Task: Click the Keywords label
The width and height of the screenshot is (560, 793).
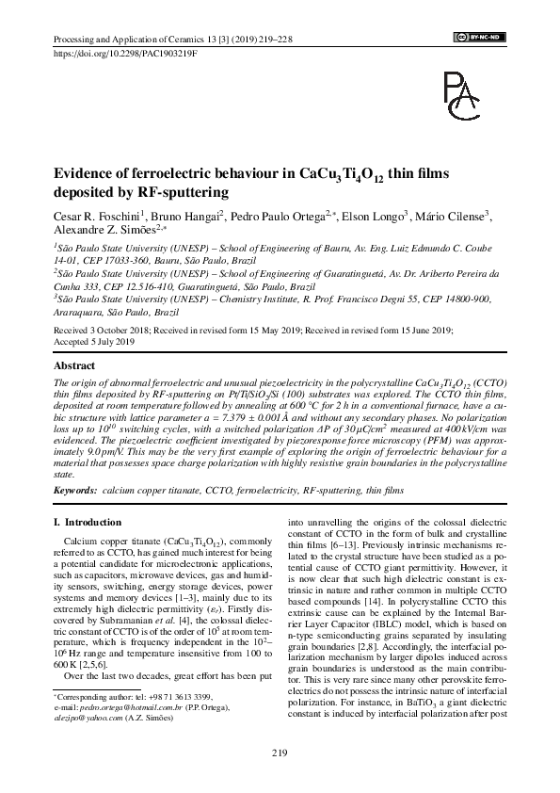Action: click(74, 492)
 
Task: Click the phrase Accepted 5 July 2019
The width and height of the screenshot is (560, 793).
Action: click(96, 343)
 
